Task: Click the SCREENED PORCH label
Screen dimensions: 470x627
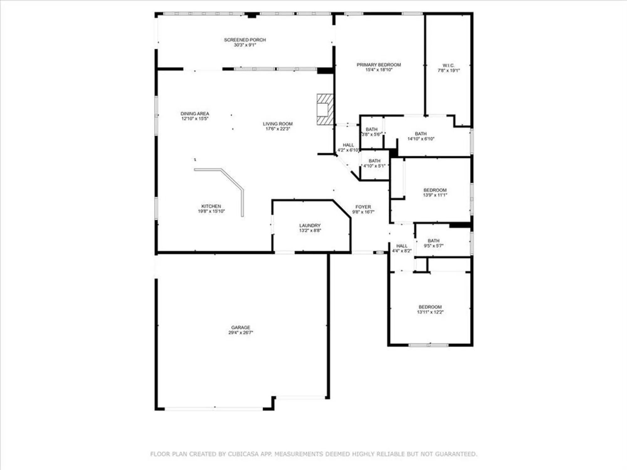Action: click(x=245, y=40)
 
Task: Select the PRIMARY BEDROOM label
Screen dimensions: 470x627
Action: click(x=379, y=65)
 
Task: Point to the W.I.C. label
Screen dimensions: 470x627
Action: click(x=448, y=65)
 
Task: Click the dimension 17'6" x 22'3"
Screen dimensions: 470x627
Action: click(x=277, y=129)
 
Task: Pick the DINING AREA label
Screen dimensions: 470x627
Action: click(x=195, y=113)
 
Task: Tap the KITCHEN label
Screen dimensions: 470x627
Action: click(x=211, y=206)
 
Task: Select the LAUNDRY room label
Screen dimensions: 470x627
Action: click(x=310, y=226)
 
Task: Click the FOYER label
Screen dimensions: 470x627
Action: click(x=363, y=207)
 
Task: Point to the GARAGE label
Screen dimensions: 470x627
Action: click(x=240, y=327)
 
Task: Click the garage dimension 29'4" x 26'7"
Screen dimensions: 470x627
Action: click(x=240, y=333)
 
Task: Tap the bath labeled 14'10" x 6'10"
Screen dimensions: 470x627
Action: click(x=421, y=136)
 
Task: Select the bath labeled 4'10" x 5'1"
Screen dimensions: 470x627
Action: click(x=374, y=163)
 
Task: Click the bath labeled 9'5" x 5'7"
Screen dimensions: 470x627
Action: click(x=434, y=243)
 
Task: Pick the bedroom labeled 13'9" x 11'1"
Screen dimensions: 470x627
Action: click(x=435, y=192)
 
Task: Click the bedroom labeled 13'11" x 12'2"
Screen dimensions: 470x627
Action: click(x=430, y=309)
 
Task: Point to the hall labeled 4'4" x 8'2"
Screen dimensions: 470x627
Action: click(x=402, y=248)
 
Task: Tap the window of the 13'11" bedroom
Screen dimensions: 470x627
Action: click(x=429, y=345)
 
